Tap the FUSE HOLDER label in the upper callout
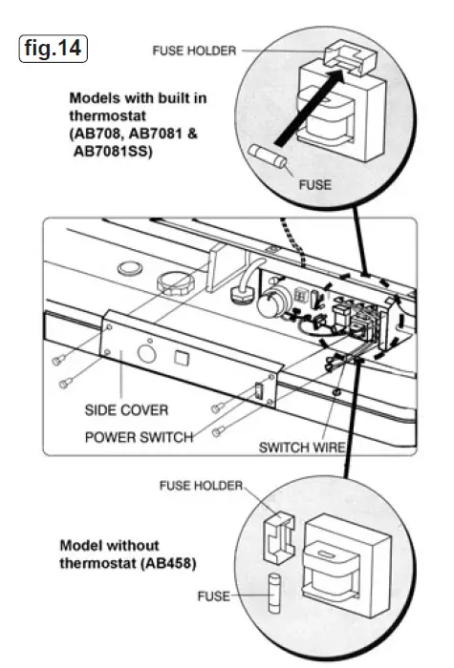pyautogui.click(x=194, y=51)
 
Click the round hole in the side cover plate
pyautogui.click(x=148, y=350)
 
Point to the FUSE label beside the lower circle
pyautogui.click(x=216, y=596)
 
